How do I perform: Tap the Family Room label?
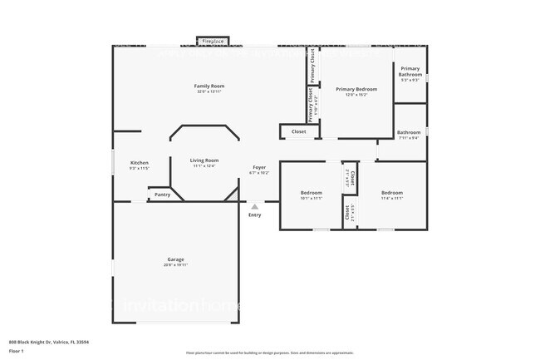pos(209,86)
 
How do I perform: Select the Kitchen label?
pos(140,162)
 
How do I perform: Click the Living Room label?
pos(204,160)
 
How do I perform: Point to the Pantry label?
pos(163,195)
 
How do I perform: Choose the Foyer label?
pos(259,167)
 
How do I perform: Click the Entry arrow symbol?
pos(254,206)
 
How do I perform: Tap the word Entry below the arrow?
pos(254,215)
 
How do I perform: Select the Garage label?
pos(175,259)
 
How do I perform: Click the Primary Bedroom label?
pos(356,89)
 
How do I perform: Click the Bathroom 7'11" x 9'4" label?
pos(409,132)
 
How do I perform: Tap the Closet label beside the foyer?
pos(298,131)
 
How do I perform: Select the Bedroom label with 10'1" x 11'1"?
pos(311,193)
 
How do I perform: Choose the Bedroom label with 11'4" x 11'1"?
pos(392,193)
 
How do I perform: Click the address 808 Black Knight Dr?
pos(49,342)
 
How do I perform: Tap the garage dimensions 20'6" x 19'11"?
pos(175,265)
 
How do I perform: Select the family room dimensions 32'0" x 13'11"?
pos(209,91)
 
